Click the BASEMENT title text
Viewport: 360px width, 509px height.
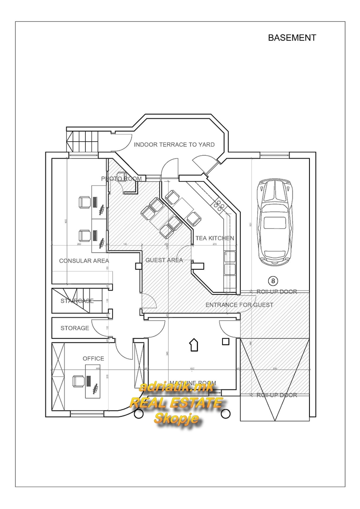click(292, 38)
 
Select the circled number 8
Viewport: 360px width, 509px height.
click(273, 280)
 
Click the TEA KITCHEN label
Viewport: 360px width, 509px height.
click(214, 238)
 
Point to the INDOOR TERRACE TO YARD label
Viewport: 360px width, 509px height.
click(174, 145)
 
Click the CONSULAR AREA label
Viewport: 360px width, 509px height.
click(84, 261)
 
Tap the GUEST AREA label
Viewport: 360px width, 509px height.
click(164, 260)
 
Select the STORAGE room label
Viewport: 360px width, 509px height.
click(75, 328)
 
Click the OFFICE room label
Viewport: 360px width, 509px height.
click(93, 358)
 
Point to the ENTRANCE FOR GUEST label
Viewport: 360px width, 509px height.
click(239, 305)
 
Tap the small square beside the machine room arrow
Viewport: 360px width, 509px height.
click(226, 341)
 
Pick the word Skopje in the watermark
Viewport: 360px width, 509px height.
click(176, 418)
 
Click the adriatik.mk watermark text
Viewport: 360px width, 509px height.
click(177, 387)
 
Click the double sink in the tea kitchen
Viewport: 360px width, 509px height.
click(230, 263)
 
